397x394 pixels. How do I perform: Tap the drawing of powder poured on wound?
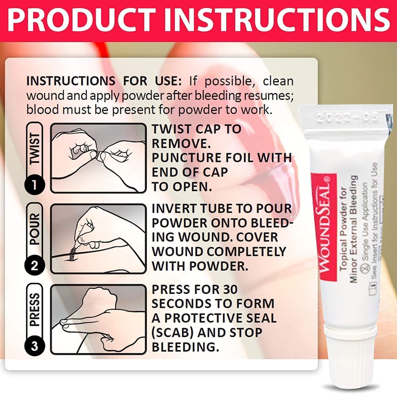(98, 239)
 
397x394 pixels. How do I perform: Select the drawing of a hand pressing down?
(98, 319)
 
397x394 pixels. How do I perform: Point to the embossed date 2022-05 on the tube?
(346, 119)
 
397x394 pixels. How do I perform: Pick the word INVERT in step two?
(174, 208)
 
